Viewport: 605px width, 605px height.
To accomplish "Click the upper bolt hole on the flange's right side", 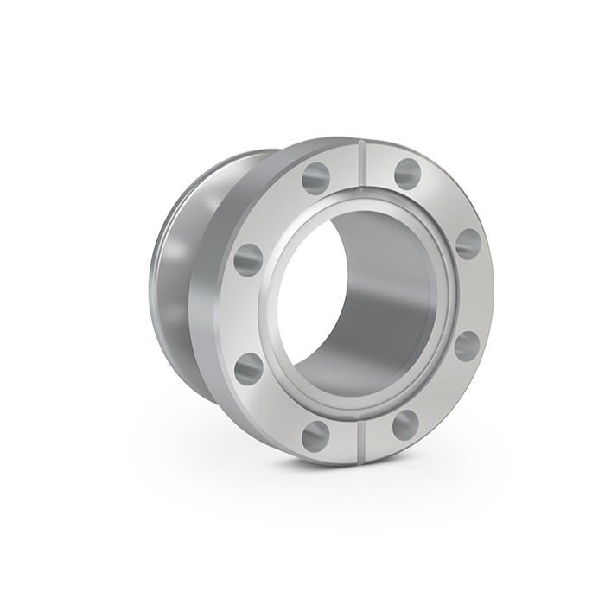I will tap(468, 243).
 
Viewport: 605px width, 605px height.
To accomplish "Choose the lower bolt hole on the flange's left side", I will tap(249, 366).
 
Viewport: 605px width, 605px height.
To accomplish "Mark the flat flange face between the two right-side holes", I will tap(471, 294).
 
